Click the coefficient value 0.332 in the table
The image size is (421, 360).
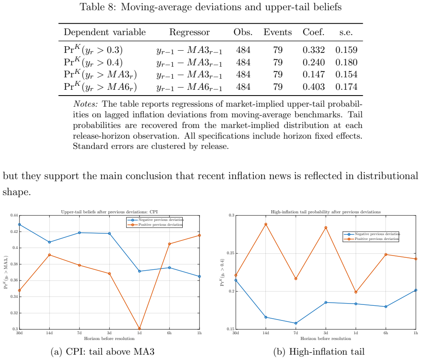pos(313,50)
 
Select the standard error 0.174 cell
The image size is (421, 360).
pos(346,87)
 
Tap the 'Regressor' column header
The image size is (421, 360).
pos(189,32)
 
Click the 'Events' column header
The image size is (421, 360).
pos(277,32)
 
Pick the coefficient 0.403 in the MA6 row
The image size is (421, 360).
pos(313,87)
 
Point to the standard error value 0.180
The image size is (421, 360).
pos(346,62)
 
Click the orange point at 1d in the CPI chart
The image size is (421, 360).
pos(139,328)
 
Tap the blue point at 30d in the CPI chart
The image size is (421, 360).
pos(19,224)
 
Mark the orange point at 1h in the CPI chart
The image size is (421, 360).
pos(200,236)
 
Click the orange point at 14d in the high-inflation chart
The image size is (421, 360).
pos(266,224)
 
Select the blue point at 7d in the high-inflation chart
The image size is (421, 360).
pos(296,323)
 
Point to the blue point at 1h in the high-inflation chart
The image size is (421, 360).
pos(416,290)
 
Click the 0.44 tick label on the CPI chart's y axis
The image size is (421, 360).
pos(14,215)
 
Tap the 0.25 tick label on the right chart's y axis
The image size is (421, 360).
pos(231,253)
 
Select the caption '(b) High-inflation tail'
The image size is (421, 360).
pos(319,352)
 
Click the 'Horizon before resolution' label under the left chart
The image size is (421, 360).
pos(109,339)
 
